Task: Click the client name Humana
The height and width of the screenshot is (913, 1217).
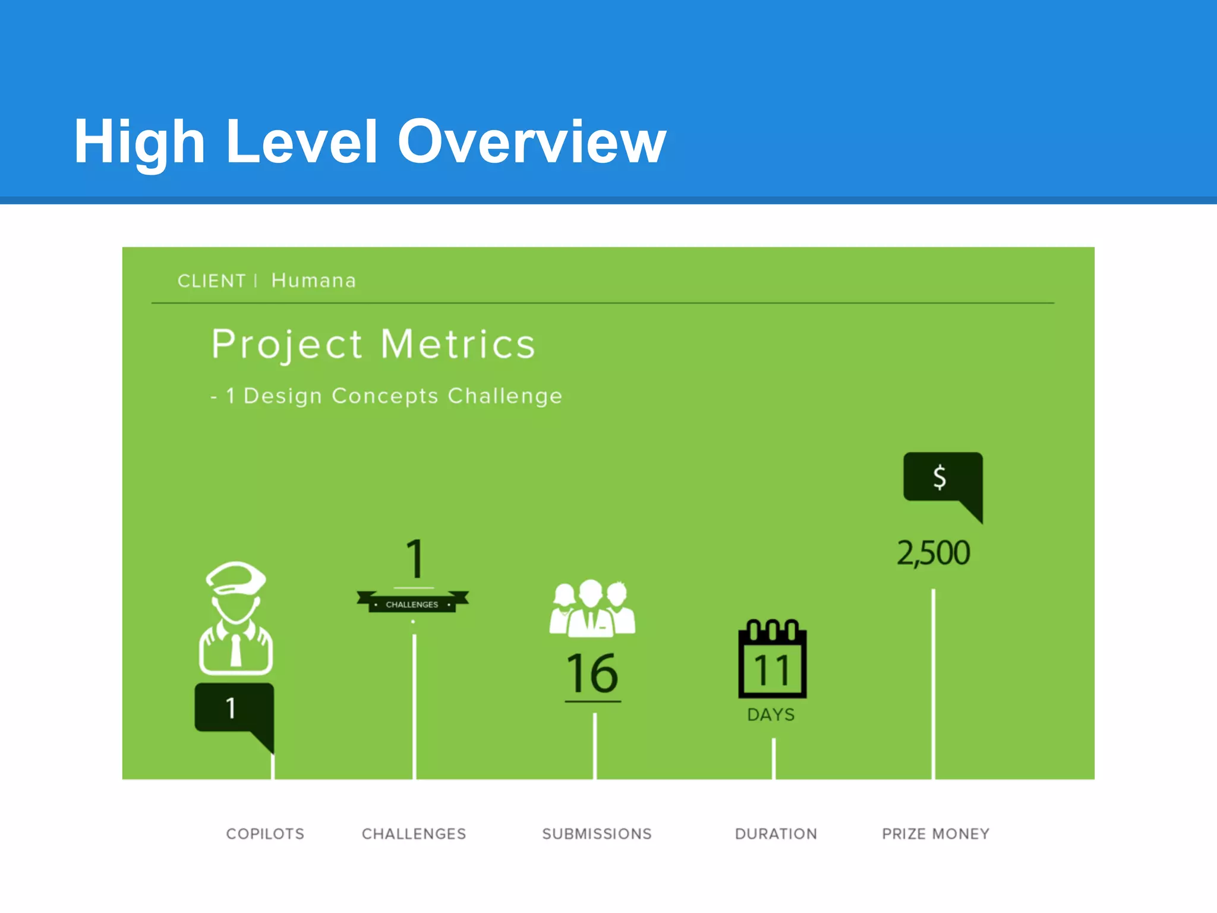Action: pyautogui.click(x=313, y=281)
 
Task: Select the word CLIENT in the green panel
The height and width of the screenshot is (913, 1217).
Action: pyautogui.click(x=212, y=281)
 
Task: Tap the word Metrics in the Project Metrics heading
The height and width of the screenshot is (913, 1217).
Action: pyautogui.click(x=458, y=344)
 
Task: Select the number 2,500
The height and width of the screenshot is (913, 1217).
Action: pyautogui.click(x=933, y=553)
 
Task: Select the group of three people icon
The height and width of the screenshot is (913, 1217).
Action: pyautogui.click(x=592, y=609)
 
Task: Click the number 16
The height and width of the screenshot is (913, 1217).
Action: pyautogui.click(x=592, y=673)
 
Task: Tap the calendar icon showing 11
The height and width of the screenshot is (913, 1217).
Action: pyautogui.click(x=772, y=660)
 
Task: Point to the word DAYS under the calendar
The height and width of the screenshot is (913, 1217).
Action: pyautogui.click(x=771, y=714)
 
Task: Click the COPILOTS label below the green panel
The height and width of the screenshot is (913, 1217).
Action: pyautogui.click(x=265, y=834)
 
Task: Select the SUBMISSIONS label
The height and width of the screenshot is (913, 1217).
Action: pyautogui.click(x=597, y=834)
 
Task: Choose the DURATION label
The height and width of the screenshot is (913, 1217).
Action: pyautogui.click(x=775, y=834)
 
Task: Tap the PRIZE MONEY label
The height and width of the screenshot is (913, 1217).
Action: pyautogui.click(x=935, y=834)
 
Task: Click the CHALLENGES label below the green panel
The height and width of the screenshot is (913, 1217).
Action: pyautogui.click(x=414, y=834)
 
